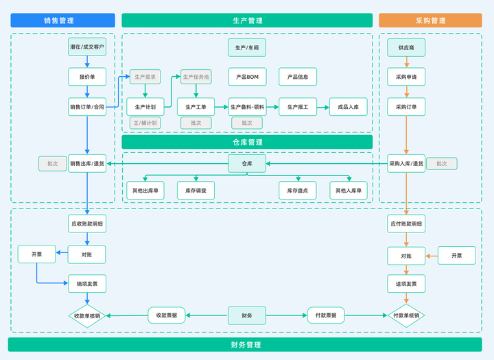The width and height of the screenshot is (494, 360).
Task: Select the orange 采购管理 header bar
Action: coord(430,21)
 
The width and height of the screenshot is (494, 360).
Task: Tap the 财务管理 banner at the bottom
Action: coord(246,344)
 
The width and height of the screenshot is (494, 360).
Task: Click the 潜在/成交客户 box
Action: coord(87,47)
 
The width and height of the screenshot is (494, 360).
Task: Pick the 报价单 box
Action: coord(87,77)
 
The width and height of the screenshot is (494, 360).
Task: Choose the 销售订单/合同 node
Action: coord(87,107)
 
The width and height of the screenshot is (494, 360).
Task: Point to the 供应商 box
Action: coord(406,47)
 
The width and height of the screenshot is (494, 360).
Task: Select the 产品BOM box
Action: coord(247,77)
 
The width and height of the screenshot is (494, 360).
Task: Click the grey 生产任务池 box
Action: coord(196,77)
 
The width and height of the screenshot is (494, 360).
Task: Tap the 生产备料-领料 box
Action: coord(247,107)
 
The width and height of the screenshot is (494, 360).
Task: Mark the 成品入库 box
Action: coord(349,107)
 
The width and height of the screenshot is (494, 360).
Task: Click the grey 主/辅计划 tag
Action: coord(145,123)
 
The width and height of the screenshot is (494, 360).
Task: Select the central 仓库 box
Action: coord(247,164)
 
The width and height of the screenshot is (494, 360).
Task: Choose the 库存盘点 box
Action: coord(298,190)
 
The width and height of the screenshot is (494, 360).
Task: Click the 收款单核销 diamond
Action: coord(87,316)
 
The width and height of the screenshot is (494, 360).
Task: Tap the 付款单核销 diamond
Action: coord(406,316)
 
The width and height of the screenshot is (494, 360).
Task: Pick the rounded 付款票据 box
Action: coord(326,315)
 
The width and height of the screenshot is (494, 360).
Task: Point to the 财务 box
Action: coord(247,315)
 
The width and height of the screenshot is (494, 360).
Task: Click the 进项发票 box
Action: coord(406,283)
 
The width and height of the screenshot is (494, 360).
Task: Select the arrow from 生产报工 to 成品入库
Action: coord(323,107)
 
